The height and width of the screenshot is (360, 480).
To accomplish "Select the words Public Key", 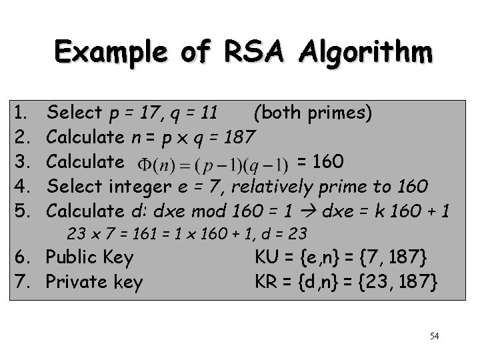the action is click(89, 257).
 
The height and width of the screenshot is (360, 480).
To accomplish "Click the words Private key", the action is click(94, 282).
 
